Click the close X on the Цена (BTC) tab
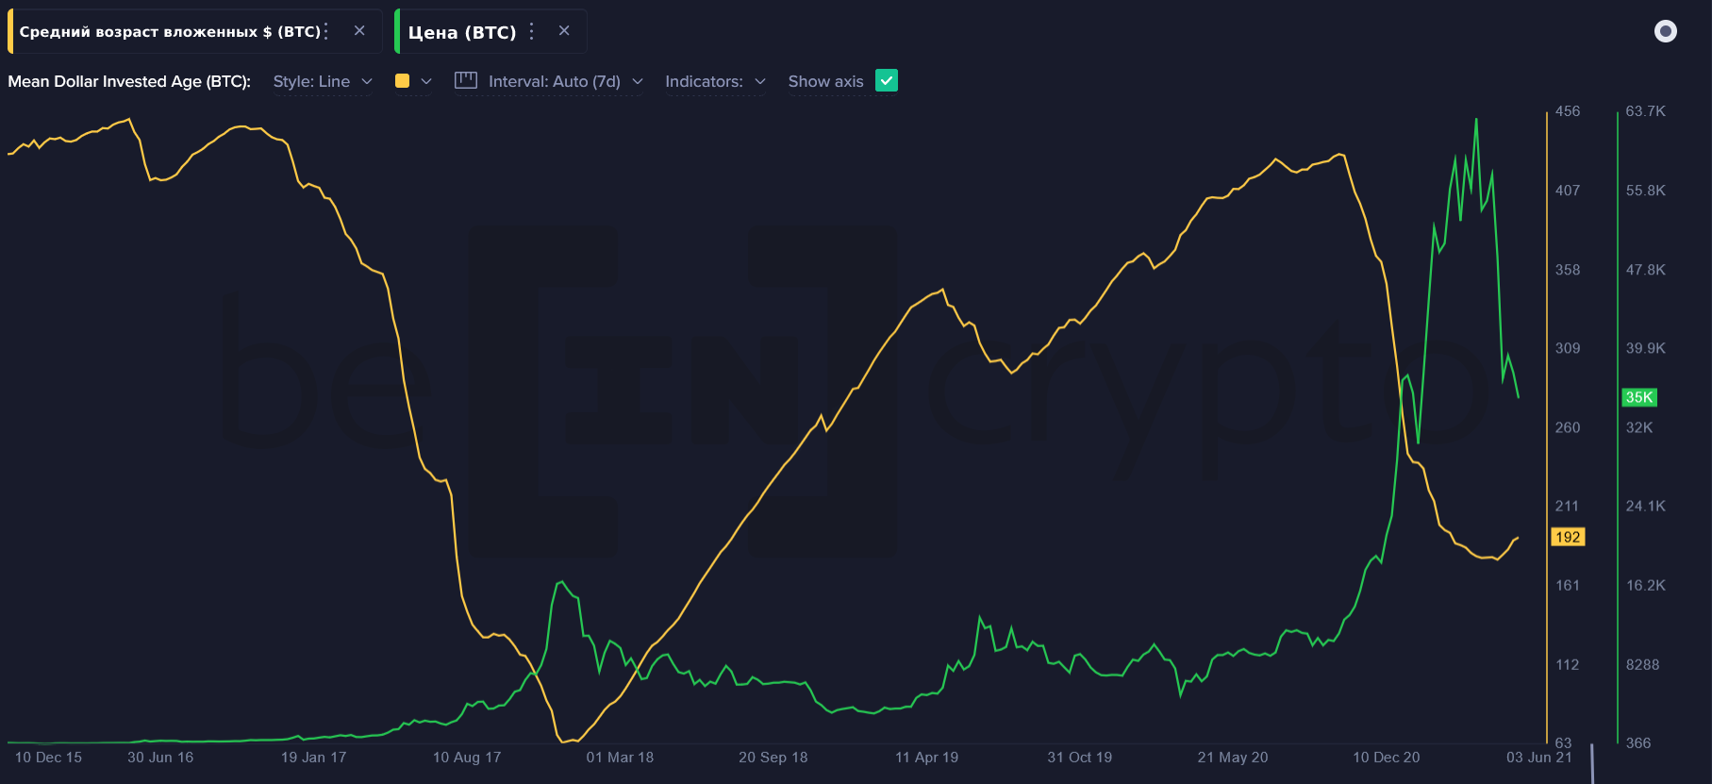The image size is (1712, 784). point(564,30)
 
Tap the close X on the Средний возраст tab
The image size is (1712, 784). point(359,30)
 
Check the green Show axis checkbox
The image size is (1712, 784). point(887,81)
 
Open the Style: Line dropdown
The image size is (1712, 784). point(323,81)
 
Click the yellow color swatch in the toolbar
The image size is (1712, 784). point(403,81)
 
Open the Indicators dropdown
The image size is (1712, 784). point(715,81)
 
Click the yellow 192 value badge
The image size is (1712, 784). point(1568,537)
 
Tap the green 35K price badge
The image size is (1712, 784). point(1639,397)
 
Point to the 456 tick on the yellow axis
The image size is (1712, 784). point(1568,111)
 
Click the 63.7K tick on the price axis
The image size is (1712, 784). point(1646,111)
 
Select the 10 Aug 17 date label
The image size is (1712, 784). point(467,758)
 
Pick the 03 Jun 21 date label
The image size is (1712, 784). point(1539,758)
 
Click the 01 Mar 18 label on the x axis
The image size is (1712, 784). point(620,758)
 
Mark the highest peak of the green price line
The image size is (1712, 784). point(1476,120)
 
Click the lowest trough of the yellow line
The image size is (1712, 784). point(563,742)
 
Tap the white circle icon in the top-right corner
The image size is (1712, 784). point(1666,31)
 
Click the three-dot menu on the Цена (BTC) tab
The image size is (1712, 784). point(532,31)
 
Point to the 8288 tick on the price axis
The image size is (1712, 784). point(1642,665)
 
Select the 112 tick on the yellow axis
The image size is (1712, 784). point(1568,665)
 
